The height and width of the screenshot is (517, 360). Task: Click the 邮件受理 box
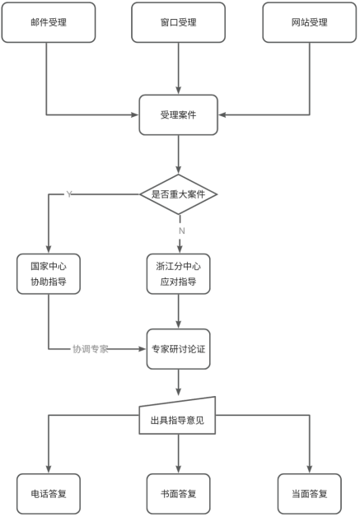(x=47, y=23)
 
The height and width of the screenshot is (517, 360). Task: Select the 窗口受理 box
(x=179, y=23)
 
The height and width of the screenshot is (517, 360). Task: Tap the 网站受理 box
(x=311, y=23)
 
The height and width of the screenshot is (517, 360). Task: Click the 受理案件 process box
(x=179, y=115)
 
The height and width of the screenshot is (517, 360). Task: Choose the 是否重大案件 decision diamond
(x=179, y=194)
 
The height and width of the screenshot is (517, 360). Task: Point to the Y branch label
(x=69, y=194)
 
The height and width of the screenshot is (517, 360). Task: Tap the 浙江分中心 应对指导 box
(x=179, y=274)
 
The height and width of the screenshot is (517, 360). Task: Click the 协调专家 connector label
(x=90, y=349)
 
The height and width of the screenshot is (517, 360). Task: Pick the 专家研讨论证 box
(x=179, y=349)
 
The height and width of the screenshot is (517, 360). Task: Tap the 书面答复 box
(x=179, y=494)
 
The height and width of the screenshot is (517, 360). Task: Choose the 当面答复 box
(x=311, y=494)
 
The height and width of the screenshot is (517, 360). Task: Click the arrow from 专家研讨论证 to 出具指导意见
(x=179, y=383)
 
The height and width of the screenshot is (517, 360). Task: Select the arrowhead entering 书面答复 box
(x=179, y=468)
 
